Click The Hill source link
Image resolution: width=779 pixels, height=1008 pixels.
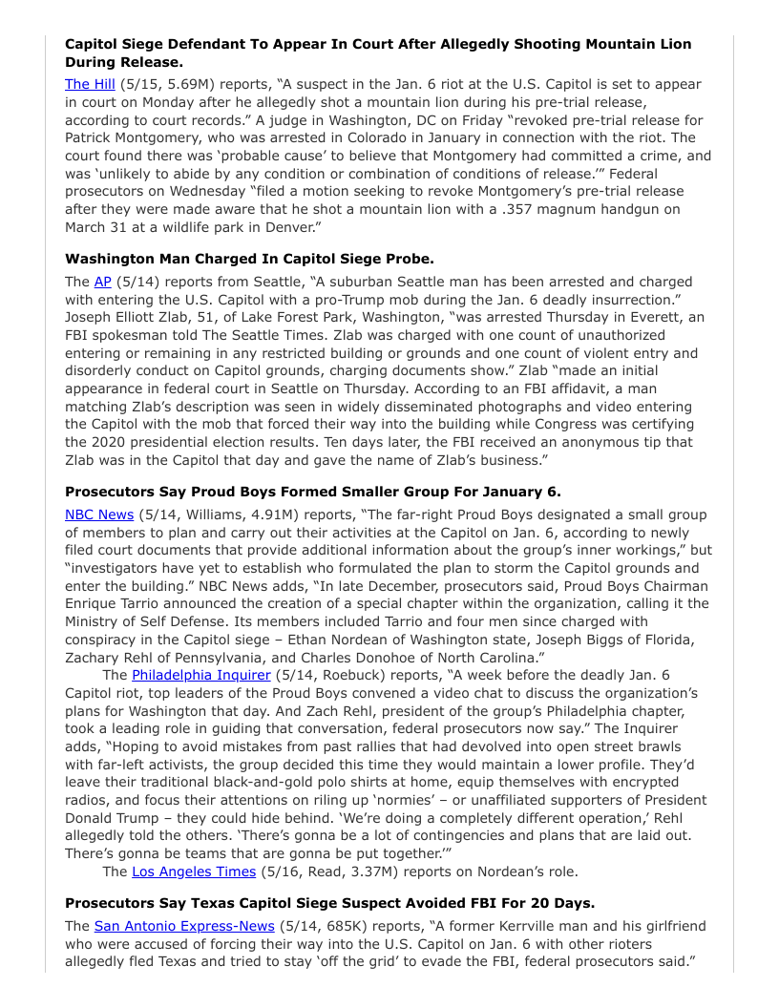click(x=90, y=85)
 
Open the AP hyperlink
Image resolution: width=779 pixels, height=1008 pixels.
click(x=102, y=282)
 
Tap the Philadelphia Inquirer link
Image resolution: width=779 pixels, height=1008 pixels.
click(x=201, y=675)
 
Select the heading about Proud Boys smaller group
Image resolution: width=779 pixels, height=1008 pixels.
click(x=313, y=492)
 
